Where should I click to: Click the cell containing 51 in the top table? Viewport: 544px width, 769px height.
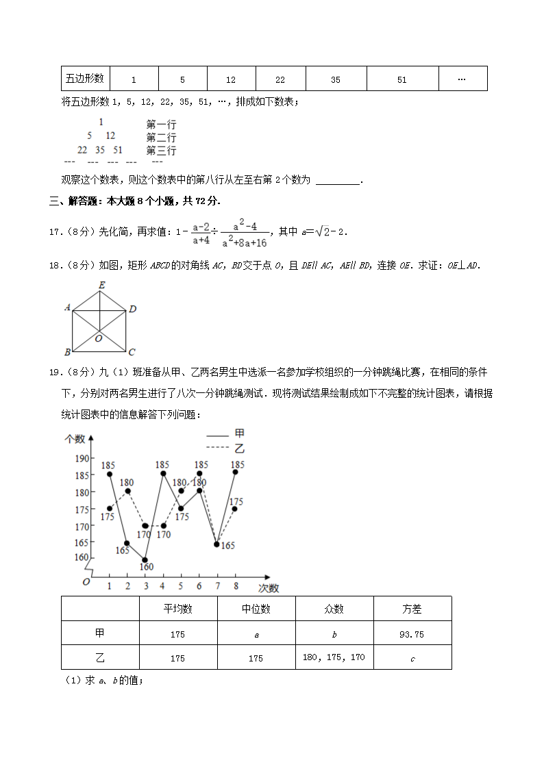coord(402,79)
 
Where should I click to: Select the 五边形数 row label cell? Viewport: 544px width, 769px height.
coord(85,79)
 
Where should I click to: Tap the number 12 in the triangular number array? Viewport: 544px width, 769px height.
coord(110,136)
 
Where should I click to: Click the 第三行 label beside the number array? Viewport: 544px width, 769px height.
coord(161,151)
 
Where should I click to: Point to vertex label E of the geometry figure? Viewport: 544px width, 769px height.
coord(101,285)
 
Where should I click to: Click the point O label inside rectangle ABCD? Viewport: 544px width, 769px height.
coord(99,338)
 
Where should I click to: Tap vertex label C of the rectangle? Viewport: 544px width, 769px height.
coord(132,352)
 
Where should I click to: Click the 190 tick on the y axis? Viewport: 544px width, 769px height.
coord(81,458)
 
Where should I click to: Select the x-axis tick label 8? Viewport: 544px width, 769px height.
coord(236,586)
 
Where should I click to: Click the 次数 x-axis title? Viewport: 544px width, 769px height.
coord(269,588)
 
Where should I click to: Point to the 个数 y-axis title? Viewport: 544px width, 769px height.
coord(75,439)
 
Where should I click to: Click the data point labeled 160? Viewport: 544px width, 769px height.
coord(145,559)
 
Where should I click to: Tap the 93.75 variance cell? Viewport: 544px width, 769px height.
coord(412,634)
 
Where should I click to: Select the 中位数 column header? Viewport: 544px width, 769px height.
coord(256,609)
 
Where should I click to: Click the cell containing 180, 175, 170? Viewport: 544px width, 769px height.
coord(334,657)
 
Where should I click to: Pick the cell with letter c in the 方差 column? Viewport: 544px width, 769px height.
coord(412,658)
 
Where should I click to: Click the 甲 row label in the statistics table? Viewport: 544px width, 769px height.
coord(100,633)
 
